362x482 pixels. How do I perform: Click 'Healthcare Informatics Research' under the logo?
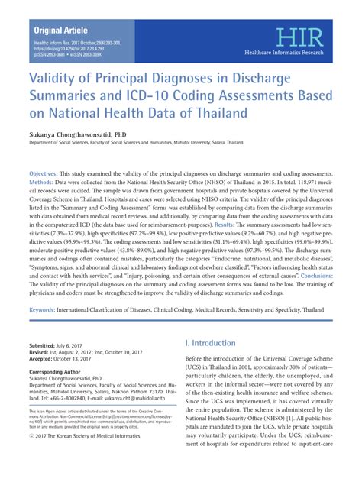pos(299,52)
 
